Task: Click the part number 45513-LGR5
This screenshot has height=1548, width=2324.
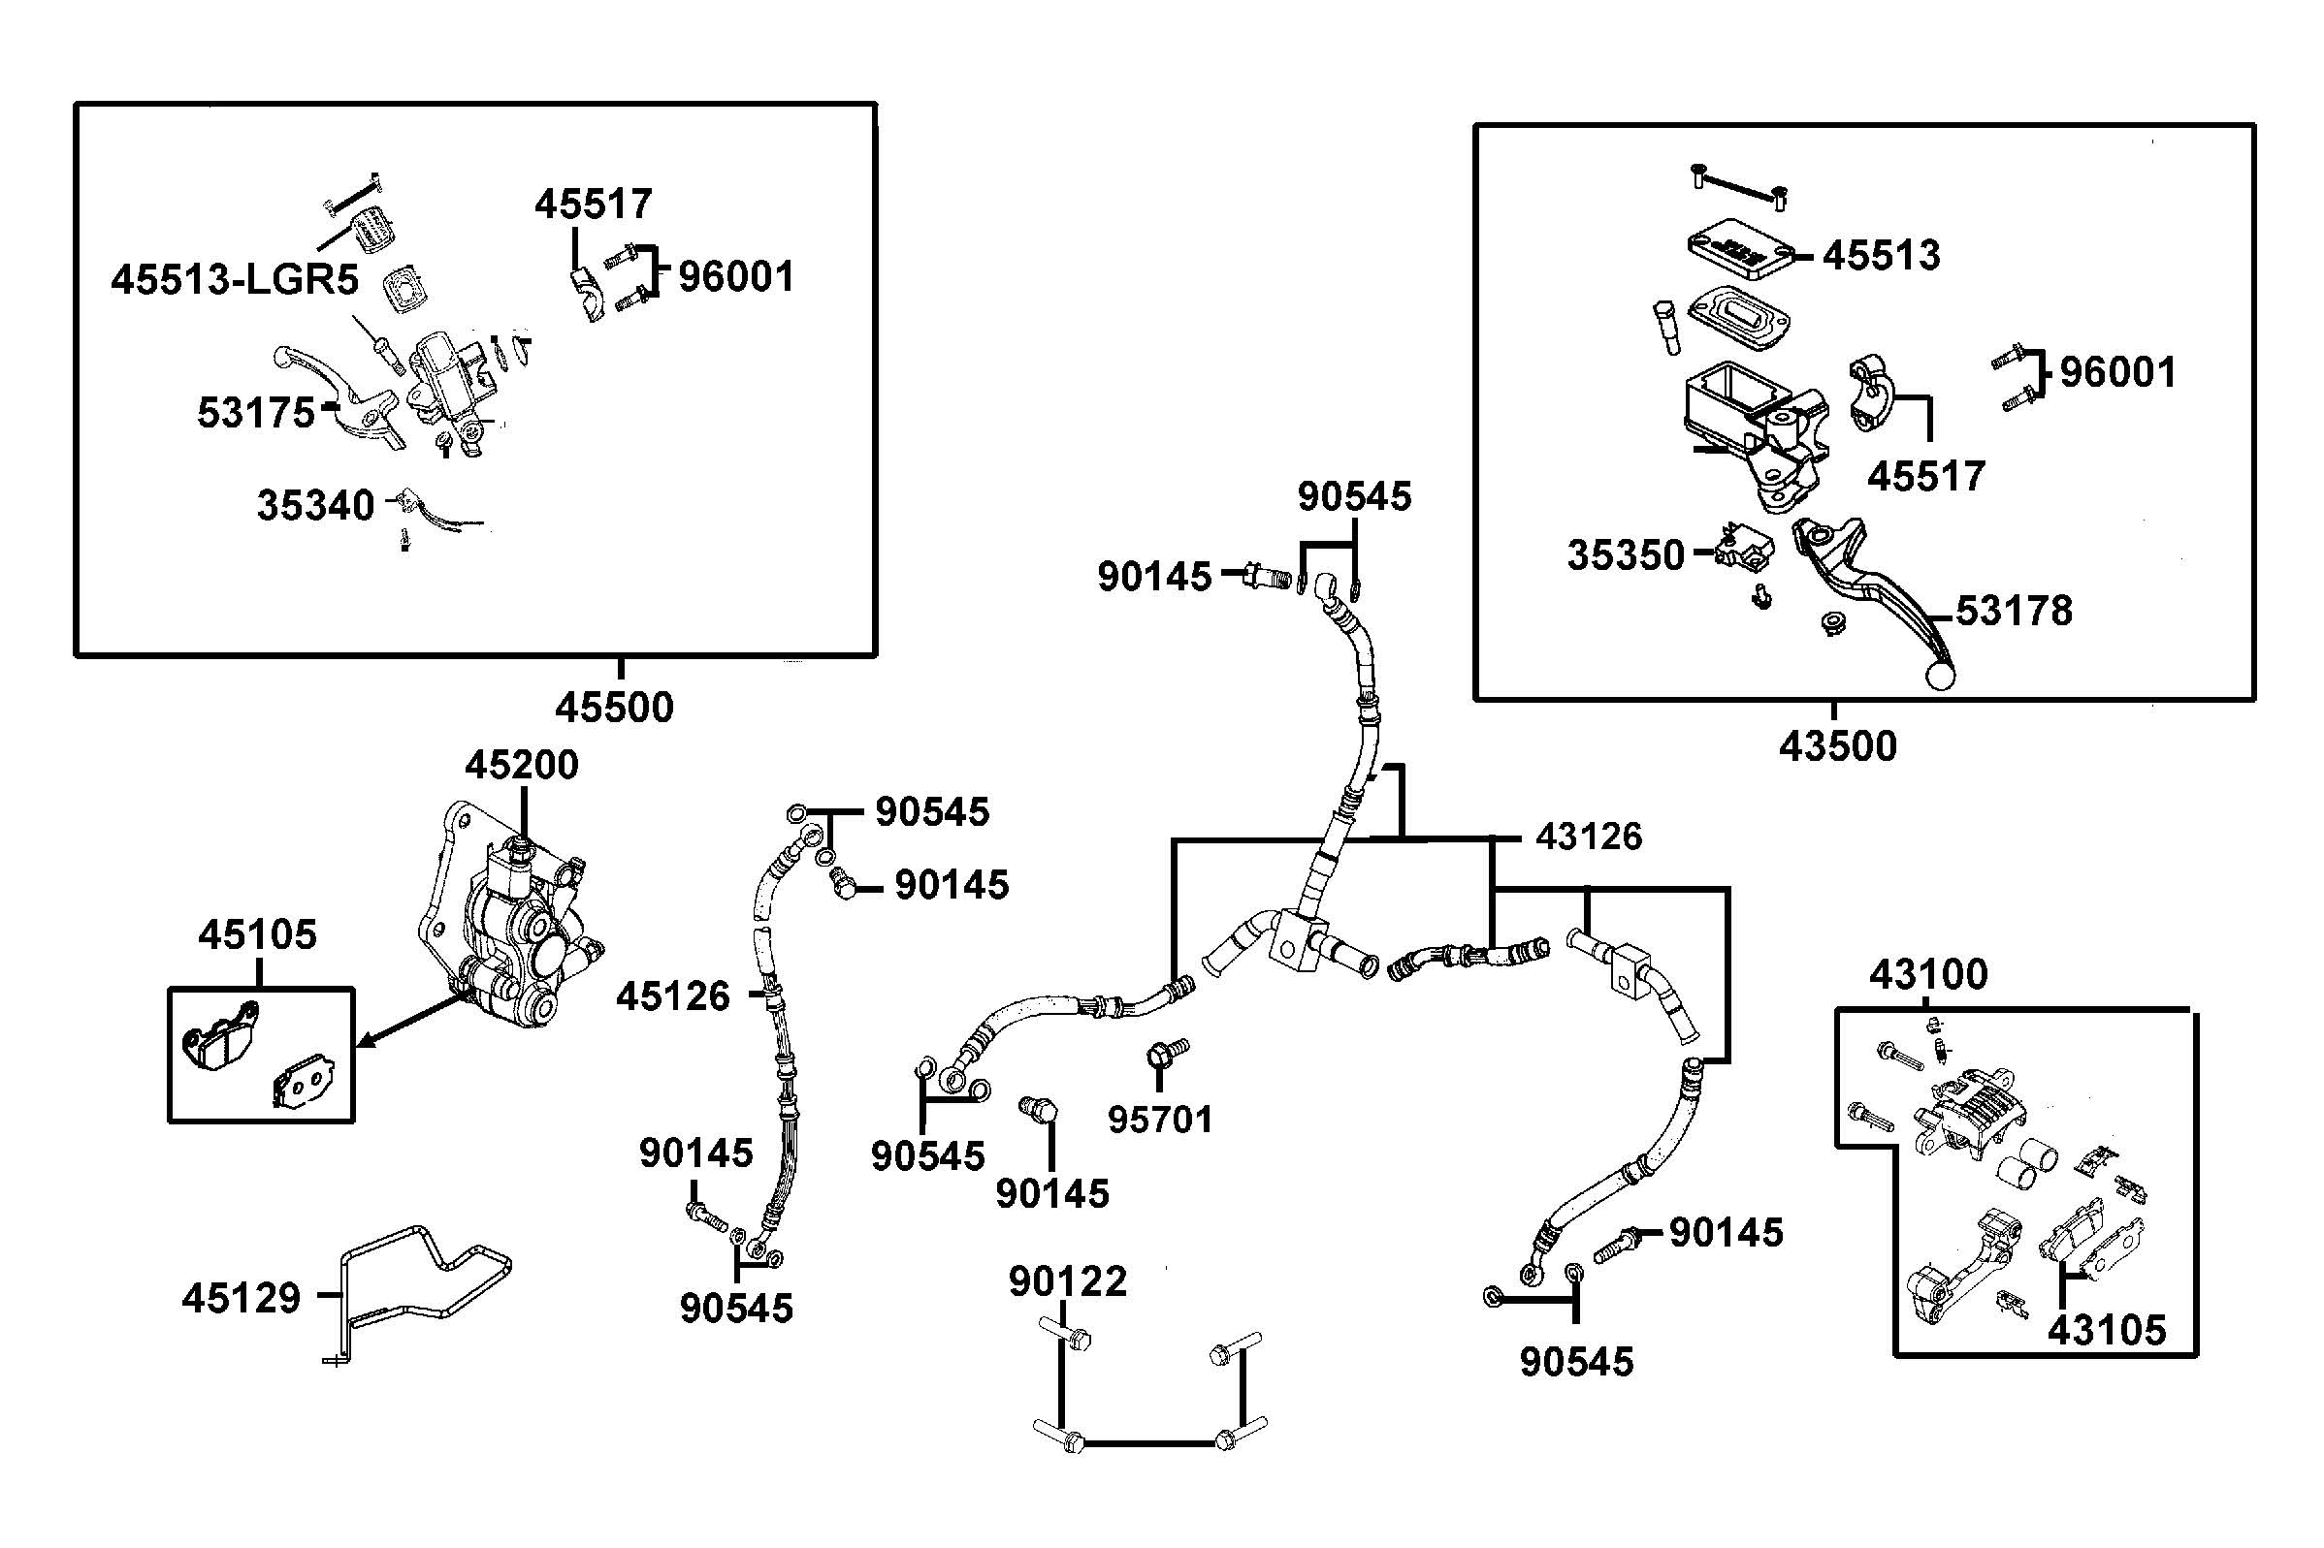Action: click(x=234, y=280)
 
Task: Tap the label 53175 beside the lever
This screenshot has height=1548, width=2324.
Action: click(x=255, y=413)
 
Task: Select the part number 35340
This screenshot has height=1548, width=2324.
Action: click(x=315, y=505)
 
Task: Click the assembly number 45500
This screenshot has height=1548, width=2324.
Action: click(x=613, y=708)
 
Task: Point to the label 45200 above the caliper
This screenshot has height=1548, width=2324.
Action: click(x=522, y=765)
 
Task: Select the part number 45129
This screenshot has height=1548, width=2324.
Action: click(x=241, y=1298)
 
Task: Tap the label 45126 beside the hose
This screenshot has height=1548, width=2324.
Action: click(x=672, y=997)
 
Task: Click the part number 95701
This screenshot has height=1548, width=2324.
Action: click(x=1159, y=1120)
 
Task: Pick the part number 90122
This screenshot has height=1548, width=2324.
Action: click(x=1068, y=1282)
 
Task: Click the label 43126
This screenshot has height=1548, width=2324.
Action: click(x=1588, y=837)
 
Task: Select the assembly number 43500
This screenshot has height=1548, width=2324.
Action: click(x=1837, y=746)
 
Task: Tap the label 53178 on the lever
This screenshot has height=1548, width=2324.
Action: click(x=2014, y=611)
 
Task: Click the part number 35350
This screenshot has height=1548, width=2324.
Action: click(x=1625, y=555)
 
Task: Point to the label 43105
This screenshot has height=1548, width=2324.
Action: click(x=2107, y=1331)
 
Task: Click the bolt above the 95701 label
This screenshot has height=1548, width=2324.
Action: click(x=1167, y=1053)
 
